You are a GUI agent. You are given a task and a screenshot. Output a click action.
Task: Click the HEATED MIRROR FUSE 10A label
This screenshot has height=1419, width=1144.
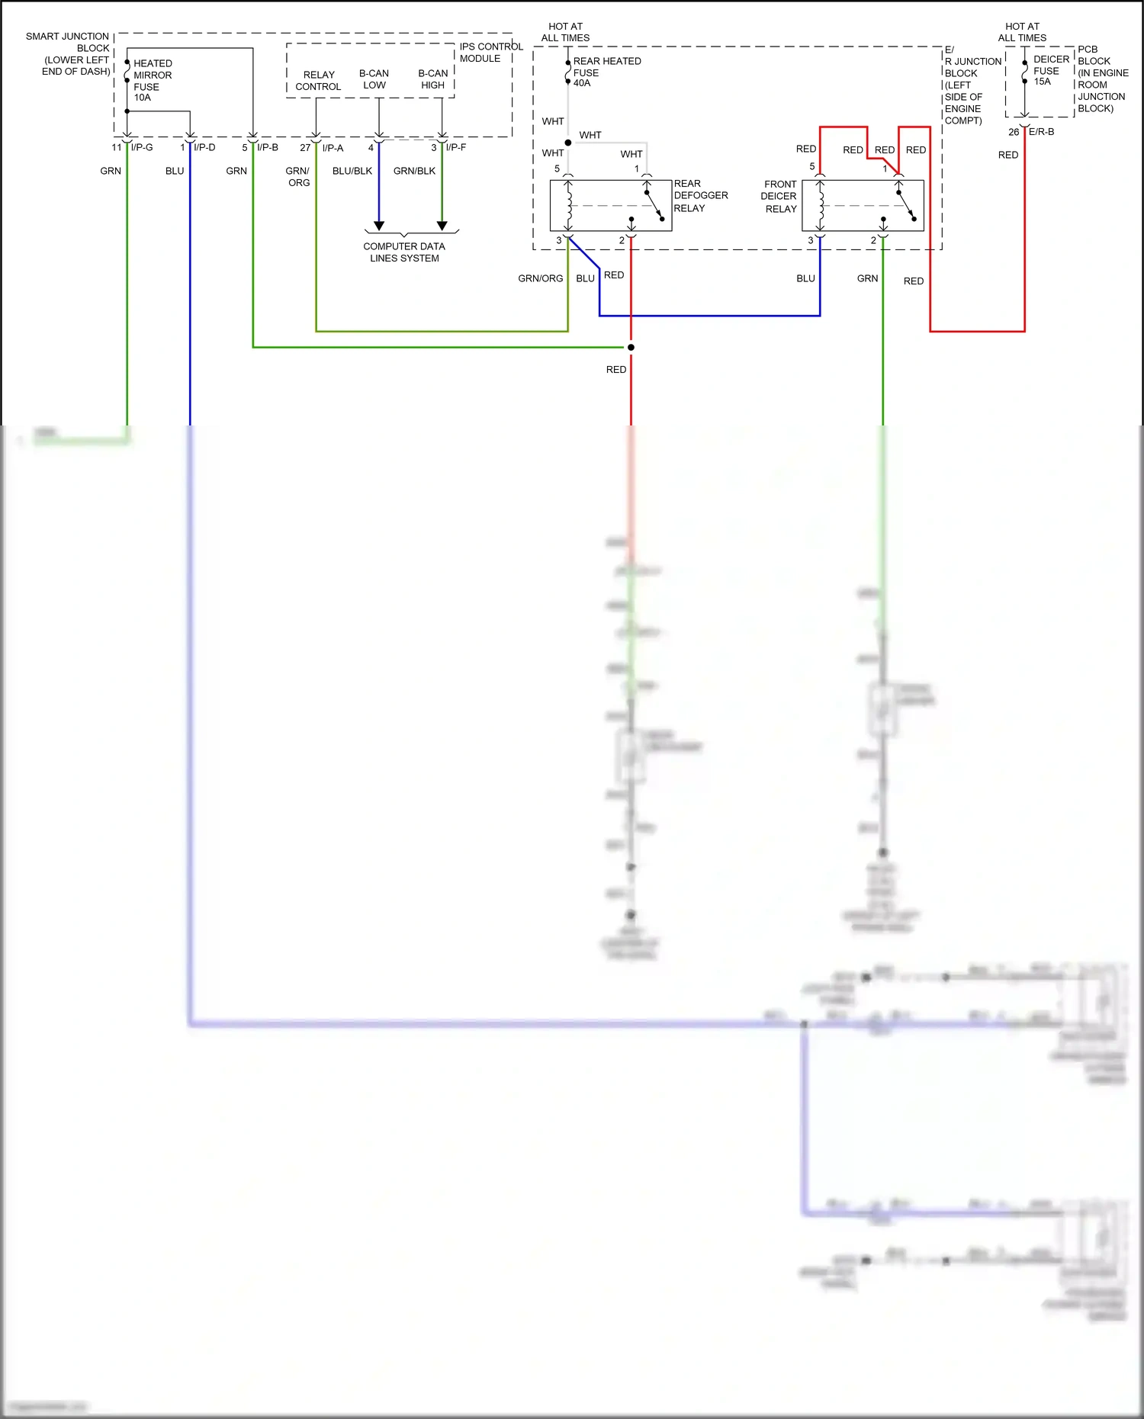[x=152, y=80]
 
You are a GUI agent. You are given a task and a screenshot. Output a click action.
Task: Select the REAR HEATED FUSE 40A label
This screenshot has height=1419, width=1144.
[x=606, y=72]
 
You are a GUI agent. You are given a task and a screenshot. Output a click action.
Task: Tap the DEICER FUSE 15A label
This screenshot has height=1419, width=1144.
[x=1050, y=70]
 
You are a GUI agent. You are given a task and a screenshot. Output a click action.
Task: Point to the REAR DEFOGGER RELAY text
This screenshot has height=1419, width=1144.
[x=699, y=196]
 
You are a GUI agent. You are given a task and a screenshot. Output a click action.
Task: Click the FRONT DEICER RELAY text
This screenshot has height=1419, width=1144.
[x=779, y=197]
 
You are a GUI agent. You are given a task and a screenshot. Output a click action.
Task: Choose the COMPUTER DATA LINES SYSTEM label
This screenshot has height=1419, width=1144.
[x=404, y=252]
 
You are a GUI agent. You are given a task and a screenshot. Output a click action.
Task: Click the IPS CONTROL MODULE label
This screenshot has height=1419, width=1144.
[x=490, y=52]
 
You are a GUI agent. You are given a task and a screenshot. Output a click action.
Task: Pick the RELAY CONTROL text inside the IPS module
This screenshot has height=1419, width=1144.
[x=318, y=80]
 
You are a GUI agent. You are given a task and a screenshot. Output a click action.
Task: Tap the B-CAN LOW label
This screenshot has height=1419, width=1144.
[x=374, y=79]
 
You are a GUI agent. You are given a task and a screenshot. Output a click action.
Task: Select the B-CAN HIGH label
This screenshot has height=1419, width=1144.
[x=432, y=79]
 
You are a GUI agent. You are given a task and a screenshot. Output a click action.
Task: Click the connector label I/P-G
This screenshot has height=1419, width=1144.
[x=142, y=147]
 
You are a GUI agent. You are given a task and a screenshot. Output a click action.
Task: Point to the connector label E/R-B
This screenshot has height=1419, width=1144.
[x=1041, y=132]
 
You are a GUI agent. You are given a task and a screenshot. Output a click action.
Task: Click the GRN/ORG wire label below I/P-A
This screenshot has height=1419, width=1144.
[x=298, y=177]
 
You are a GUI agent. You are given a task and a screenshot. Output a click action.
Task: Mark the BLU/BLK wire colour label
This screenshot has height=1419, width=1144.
[x=352, y=171]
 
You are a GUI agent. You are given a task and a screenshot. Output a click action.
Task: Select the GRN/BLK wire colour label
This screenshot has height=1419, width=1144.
[x=414, y=171]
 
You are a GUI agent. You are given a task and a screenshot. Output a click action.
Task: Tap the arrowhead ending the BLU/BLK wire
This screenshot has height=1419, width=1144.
[x=379, y=226]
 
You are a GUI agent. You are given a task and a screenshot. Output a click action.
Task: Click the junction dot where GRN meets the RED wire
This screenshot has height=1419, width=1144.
[x=631, y=348]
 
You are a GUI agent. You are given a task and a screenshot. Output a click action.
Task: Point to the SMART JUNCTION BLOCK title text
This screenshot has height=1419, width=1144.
[x=69, y=53]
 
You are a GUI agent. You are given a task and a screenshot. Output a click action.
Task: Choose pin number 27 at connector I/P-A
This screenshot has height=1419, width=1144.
[x=305, y=148]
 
